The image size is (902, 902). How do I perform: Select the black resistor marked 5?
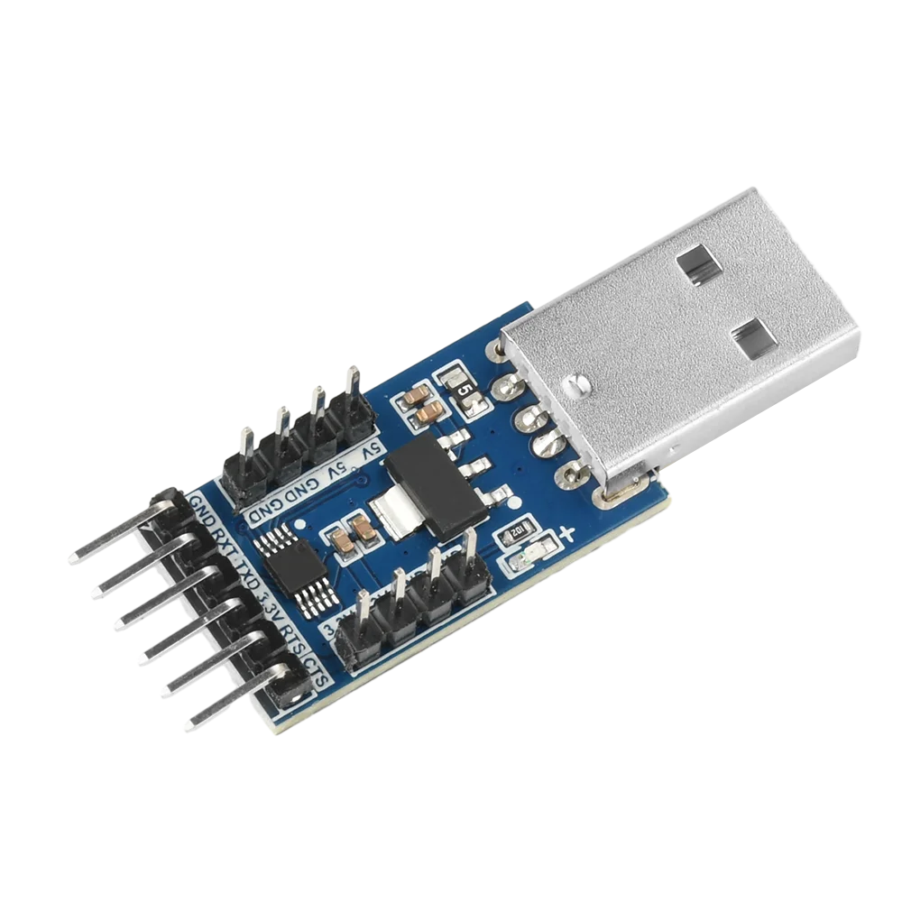coord(465,391)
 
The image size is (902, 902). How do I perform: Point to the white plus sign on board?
coord(567,536)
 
